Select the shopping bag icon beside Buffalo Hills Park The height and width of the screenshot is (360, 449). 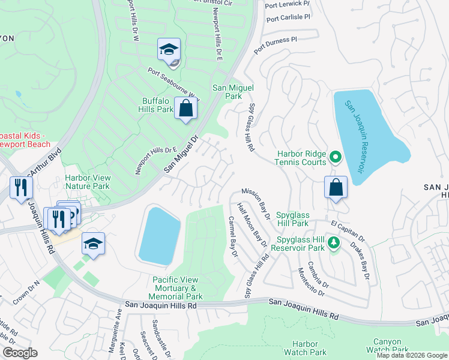(186, 109)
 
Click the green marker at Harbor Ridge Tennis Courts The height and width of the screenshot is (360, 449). (335, 158)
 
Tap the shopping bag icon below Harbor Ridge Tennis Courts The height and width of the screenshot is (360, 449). (336, 187)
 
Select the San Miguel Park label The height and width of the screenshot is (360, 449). (228, 92)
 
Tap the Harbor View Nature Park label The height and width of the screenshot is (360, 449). (87, 182)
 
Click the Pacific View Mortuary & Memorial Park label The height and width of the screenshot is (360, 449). (178, 288)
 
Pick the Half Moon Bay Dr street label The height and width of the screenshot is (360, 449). (252, 225)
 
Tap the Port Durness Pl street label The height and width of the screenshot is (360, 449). (275, 46)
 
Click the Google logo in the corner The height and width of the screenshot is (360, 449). (20, 353)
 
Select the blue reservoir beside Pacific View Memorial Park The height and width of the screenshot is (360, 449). (159, 235)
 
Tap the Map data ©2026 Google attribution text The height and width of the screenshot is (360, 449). (411, 355)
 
